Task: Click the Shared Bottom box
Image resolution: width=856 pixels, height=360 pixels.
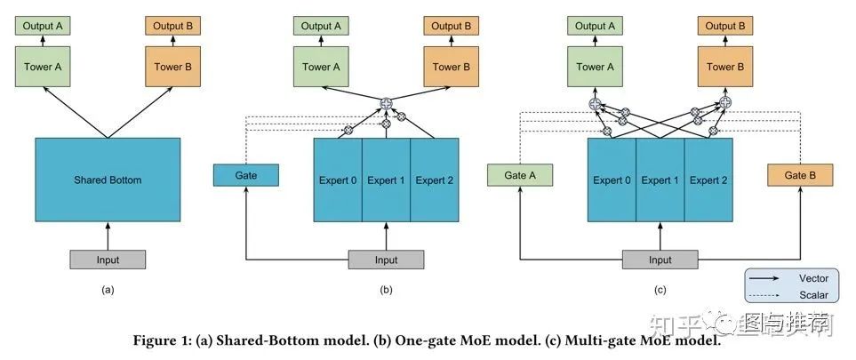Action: [108, 180]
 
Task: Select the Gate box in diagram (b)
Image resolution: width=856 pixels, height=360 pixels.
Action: [246, 176]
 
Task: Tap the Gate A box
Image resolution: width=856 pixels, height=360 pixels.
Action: [520, 176]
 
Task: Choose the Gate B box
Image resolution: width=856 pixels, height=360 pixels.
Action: [800, 176]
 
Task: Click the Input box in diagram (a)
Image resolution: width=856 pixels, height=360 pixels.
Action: [108, 260]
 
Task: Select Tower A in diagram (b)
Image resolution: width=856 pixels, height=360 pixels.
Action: [322, 67]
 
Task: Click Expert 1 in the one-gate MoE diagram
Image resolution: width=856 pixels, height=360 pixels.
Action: [386, 180]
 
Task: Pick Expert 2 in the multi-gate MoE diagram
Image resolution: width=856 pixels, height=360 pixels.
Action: [708, 180]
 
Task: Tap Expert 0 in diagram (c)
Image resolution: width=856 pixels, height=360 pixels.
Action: [612, 180]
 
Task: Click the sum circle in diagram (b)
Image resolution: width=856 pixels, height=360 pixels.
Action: [387, 104]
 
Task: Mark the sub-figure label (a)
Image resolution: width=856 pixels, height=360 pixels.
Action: [108, 290]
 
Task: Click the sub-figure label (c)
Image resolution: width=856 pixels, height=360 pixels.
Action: [660, 290]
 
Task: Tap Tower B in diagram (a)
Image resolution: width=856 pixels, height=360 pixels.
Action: [173, 67]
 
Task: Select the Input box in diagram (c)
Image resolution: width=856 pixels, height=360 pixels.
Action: [660, 260]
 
